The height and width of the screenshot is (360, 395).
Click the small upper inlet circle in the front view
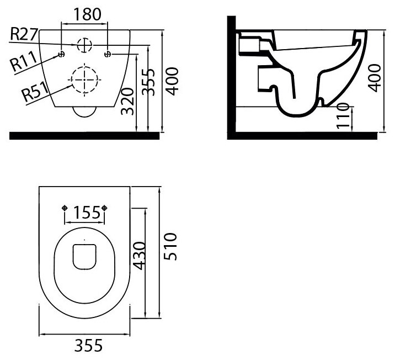tap(84, 45)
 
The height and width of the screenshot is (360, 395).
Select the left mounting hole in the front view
tap(62, 54)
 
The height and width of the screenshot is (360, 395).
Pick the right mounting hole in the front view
tap(108, 54)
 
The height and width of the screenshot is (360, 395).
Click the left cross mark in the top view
tap(66, 208)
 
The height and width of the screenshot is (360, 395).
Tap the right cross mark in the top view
tap(104, 208)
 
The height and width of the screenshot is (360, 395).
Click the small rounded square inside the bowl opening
tap(84, 257)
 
